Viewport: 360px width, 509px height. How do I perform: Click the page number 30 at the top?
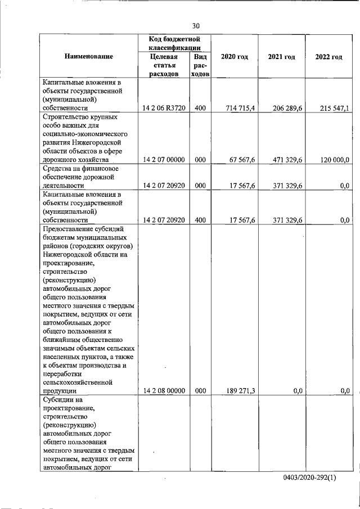point(196,26)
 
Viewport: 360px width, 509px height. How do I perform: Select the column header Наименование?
point(88,57)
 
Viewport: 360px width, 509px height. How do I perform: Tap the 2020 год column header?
point(235,57)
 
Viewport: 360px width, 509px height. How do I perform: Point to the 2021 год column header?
point(281,57)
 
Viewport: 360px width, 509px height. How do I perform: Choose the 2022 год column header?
point(328,57)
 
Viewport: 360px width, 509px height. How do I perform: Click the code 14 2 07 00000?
point(164,160)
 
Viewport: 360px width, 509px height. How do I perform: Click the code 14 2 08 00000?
point(164,390)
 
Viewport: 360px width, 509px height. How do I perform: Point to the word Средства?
point(57,168)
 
